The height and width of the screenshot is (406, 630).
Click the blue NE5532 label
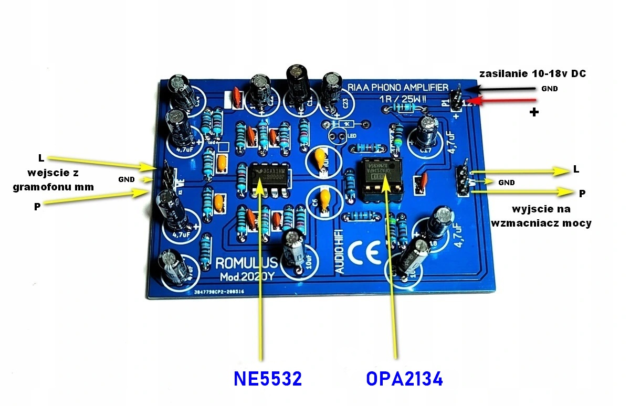coord(268,379)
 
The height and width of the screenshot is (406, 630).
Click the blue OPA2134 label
coord(404,379)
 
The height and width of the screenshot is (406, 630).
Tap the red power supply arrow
coord(501,101)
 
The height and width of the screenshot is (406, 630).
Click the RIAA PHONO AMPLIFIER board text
coord(398,87)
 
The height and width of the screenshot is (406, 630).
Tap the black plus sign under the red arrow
coord(534,112)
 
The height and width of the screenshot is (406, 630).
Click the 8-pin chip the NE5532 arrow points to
coord(268,178)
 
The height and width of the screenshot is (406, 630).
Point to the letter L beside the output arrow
coord(576,170)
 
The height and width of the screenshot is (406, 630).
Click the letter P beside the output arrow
coord(582,194)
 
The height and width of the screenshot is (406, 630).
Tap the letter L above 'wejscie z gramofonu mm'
coord(41,158)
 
